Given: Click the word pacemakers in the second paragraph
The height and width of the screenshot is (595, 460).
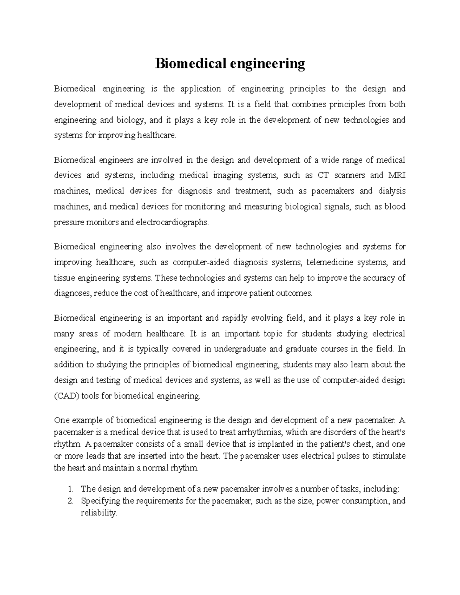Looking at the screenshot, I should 332,191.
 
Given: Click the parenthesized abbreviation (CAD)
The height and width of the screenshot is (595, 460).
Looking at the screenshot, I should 66,396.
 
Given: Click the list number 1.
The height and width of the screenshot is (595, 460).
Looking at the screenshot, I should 70,489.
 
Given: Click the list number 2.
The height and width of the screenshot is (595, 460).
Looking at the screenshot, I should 70,501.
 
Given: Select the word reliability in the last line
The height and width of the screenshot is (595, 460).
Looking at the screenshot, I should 98,513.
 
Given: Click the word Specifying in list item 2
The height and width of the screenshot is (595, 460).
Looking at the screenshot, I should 98,501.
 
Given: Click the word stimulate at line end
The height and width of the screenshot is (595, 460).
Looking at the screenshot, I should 389,456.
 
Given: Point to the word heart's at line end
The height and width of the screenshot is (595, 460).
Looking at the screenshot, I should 393,433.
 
